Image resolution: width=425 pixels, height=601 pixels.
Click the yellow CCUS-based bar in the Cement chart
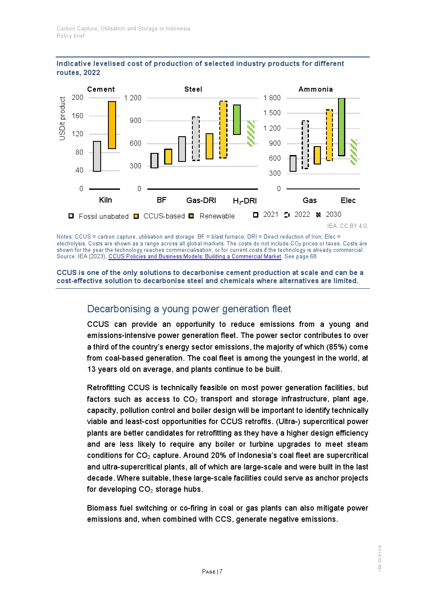pos(112,125)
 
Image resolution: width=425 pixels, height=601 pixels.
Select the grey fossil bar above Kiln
pos(97,156)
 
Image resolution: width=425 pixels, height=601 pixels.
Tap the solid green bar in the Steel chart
pos(236,120)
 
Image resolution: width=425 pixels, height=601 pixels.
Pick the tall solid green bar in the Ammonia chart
pos(341,127)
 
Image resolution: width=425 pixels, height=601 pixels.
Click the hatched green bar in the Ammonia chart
pos(353,152)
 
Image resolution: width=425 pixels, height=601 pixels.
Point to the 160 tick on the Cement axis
pos(78,116)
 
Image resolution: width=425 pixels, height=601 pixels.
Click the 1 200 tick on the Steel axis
pos(133,98)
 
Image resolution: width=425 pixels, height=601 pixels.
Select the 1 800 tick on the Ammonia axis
pos(272,98)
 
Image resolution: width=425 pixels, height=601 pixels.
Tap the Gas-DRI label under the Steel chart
pos(201,200)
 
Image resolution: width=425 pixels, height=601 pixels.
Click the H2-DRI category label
pos(245,201)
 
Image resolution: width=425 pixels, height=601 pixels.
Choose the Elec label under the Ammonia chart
pos(348,200)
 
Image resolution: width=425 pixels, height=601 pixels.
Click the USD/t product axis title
pos(63,119)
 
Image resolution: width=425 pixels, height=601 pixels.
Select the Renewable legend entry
pos(217,216)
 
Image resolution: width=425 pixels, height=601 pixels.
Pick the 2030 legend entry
pos(333,215)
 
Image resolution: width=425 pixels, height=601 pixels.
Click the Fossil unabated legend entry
pos(103,216)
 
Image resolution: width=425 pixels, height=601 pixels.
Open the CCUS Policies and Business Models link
pos(195,257)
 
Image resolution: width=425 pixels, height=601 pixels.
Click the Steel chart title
pos(193,89)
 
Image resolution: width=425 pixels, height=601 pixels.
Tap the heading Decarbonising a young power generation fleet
pos(189,309)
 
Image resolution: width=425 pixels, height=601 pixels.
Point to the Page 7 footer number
pos(212,571)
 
